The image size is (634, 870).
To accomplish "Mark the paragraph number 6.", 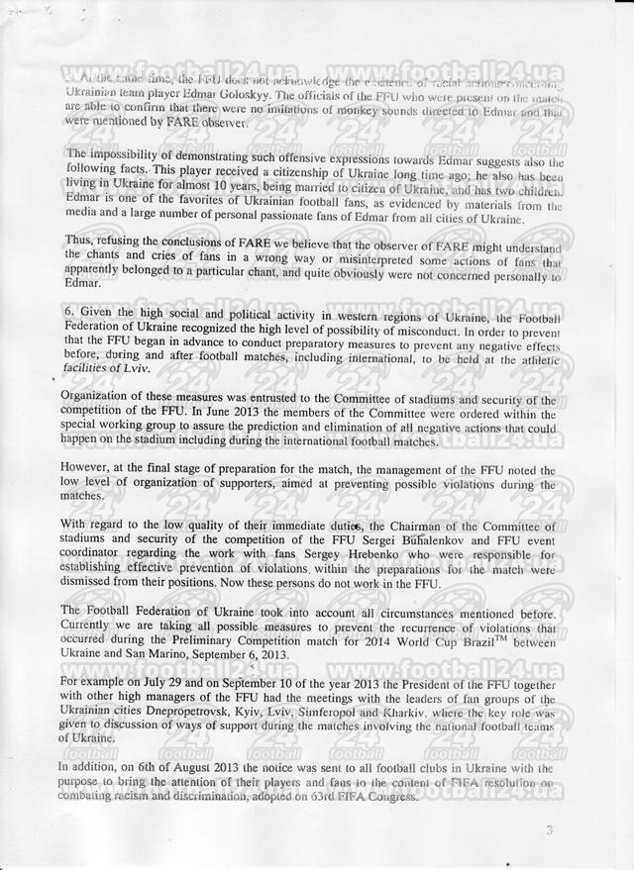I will pyautogui.click(x=65, y=316).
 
